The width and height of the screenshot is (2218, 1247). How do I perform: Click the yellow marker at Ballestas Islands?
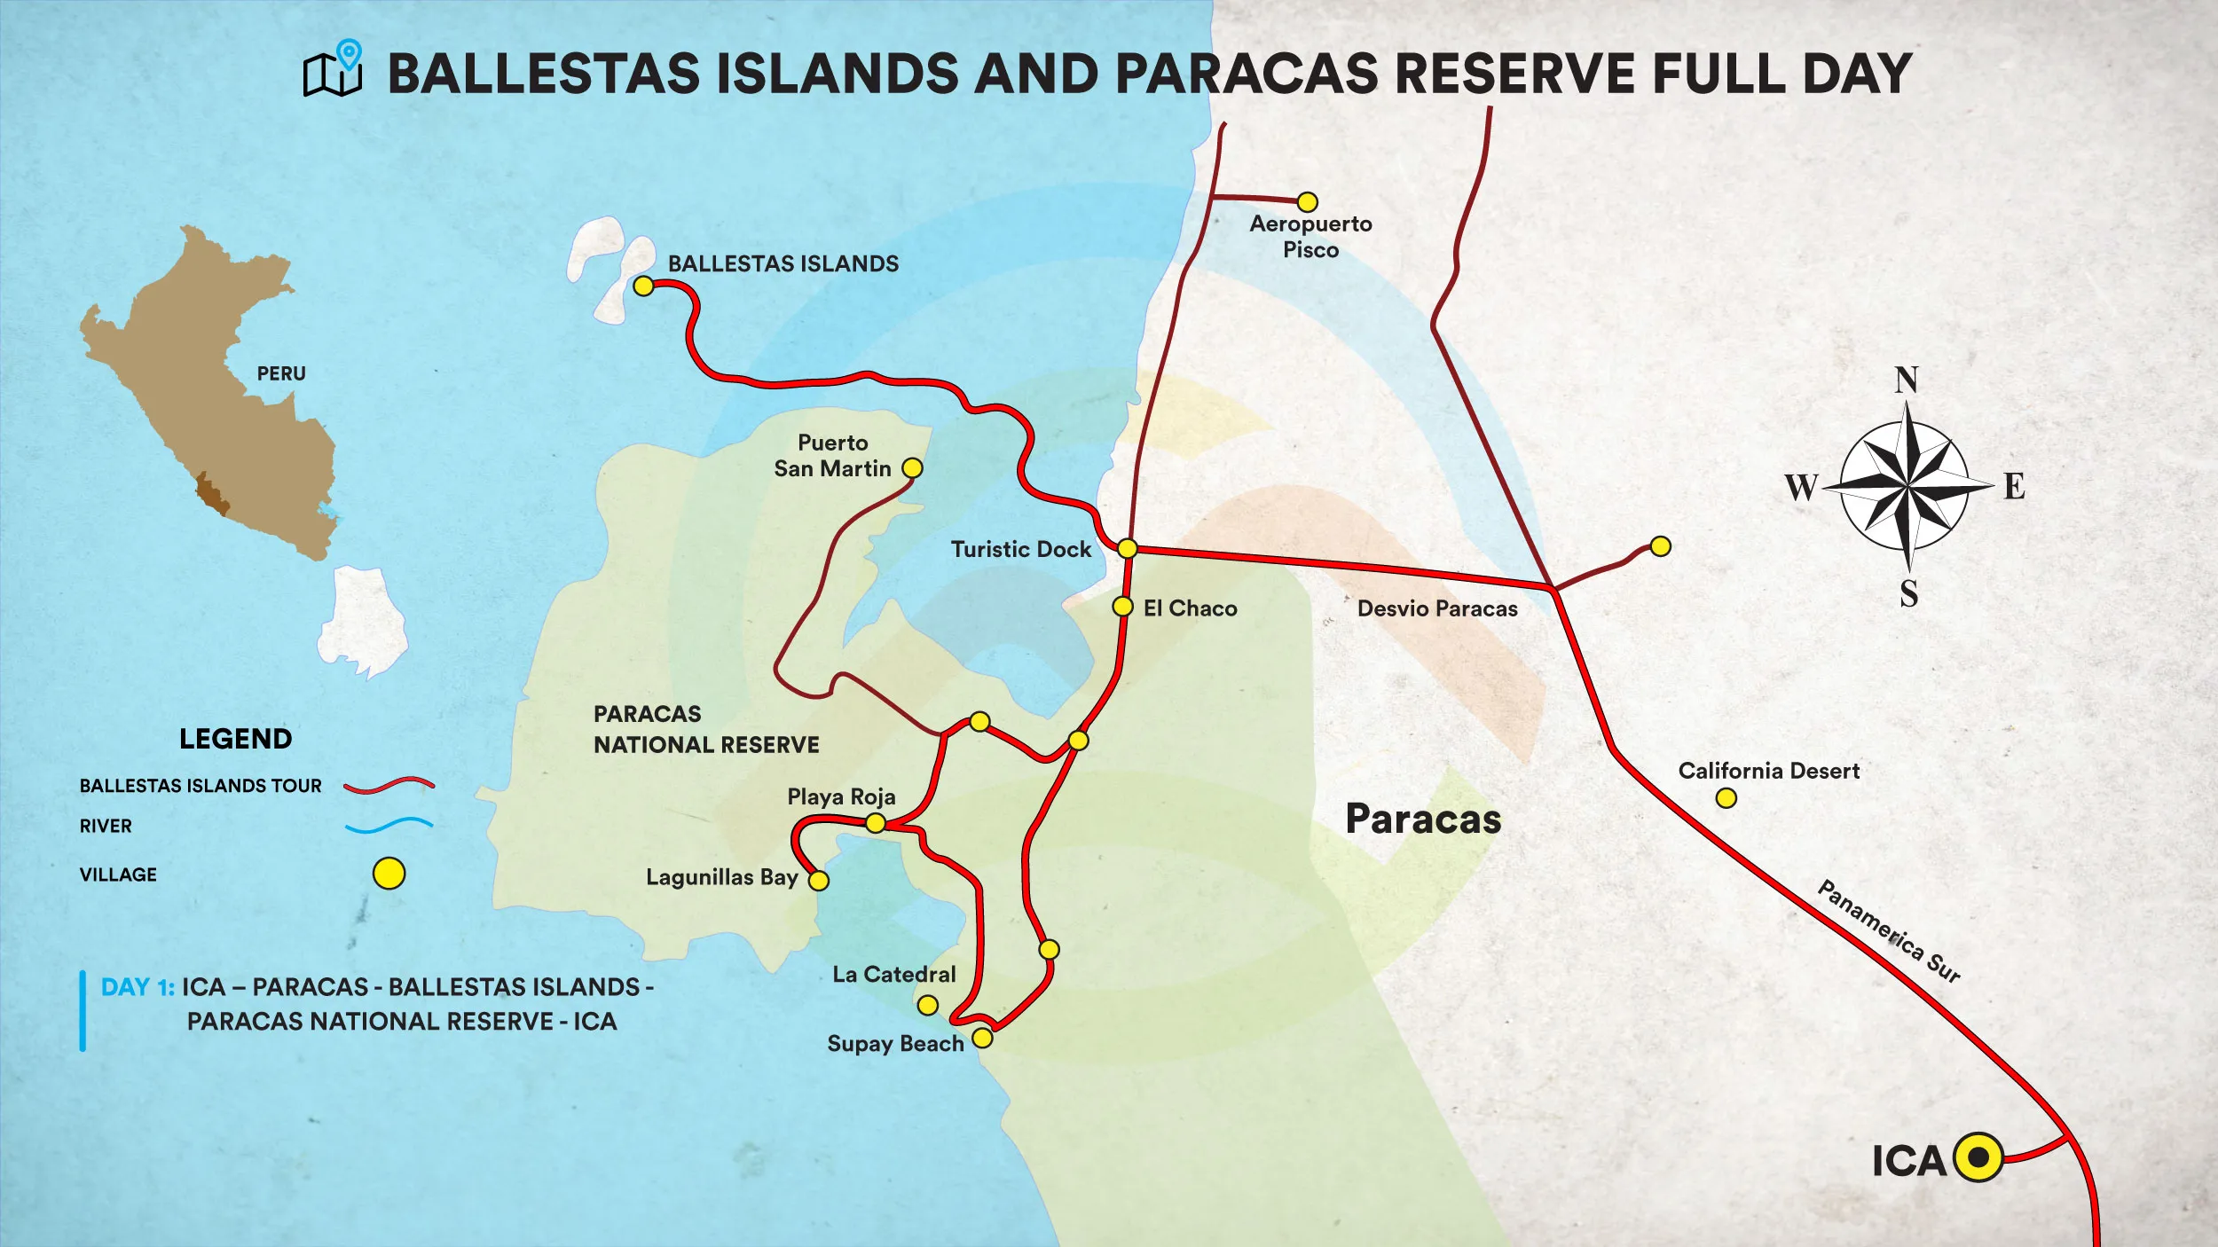pos(644,286)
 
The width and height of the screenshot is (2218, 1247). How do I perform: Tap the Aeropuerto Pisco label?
pos(1310,237)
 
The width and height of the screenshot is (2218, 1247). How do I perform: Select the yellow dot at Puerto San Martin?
pos(912,468)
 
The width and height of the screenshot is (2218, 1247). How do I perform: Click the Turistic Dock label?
pos(1020,550)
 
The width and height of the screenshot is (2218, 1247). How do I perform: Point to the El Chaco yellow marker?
pos(1123,607)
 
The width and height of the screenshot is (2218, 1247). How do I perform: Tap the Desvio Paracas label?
pos(1437,609)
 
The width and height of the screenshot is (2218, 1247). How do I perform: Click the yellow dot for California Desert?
pos(1726,798)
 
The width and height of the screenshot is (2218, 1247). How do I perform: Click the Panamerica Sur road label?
pos(1889,931)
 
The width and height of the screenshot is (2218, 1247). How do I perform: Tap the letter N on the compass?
pos(1907,380)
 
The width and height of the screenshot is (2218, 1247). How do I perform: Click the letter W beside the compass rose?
pos(1801,487)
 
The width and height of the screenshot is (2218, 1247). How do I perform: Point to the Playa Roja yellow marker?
pos(876,824)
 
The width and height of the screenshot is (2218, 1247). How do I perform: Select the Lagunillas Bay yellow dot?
pos(819,881)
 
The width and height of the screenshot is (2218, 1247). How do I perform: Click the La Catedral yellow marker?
pos(928,1006)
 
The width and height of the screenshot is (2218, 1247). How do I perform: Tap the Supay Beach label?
pos(894,1044)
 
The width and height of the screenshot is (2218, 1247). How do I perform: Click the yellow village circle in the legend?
pos(389,874)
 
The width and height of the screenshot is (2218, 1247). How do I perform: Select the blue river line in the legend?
pos(389,826)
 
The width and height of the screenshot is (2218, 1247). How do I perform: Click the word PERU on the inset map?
pos(281,374)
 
